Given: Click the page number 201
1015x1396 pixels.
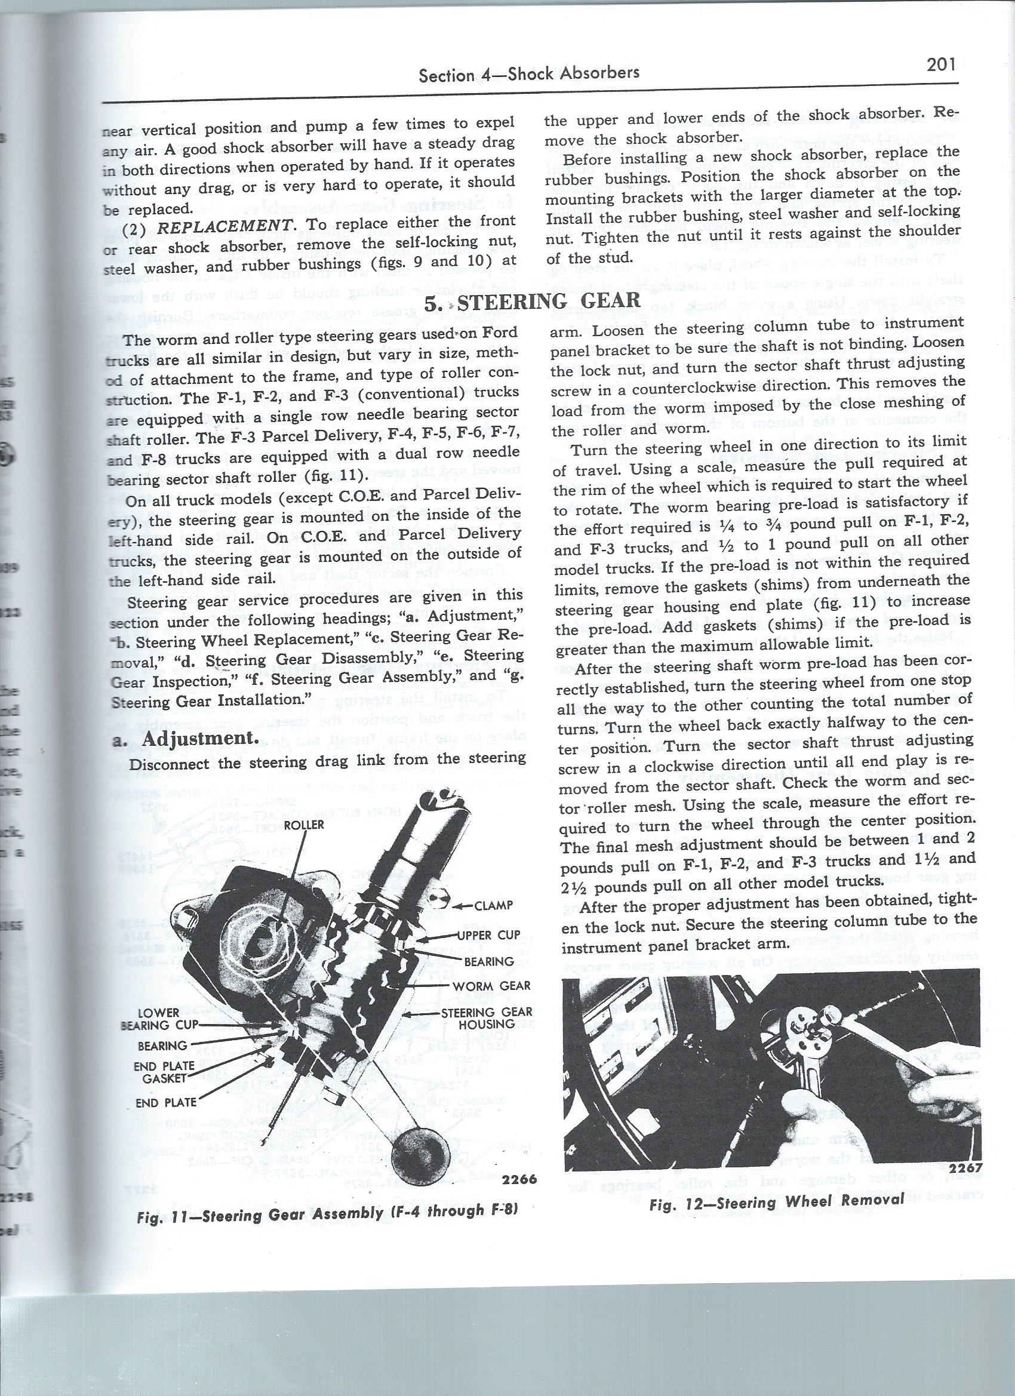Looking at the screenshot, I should tap(940, 65).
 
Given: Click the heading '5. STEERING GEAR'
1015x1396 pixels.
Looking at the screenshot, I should tap(533, 301).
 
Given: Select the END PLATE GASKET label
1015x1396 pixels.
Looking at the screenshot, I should tap(165, 1072).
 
